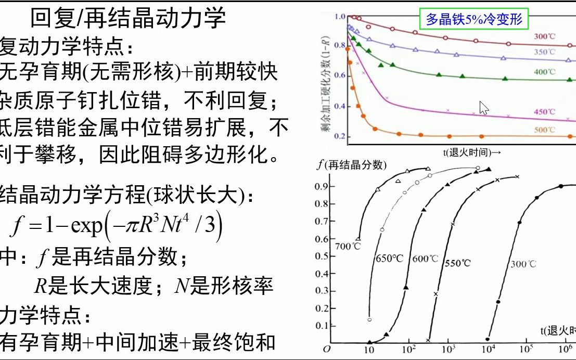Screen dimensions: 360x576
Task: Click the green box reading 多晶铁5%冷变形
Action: pyautogui.click(x=473, y=20)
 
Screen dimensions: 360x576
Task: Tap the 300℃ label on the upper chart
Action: pyautogui.click(x=544, y=36)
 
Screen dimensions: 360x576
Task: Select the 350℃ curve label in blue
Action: pyautogui.click(x=544, y=52)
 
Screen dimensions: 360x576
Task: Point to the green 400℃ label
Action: pyautogui.click(x=544, y=72)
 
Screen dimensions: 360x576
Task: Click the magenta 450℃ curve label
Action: pyautogui.click(x=544, y=112)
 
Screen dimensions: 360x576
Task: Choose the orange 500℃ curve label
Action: pyautogui.click(x=544, y=130)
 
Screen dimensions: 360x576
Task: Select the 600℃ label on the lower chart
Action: pyautogui.click(x=425, y=259)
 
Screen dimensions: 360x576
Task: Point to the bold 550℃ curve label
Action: pyautogui.click(x=458, y=263)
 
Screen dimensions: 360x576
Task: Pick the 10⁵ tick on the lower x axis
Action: pyautogui.click(x=527, y=349)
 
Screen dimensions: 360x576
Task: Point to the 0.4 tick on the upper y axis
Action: pyautogui.click(x=339, y=107)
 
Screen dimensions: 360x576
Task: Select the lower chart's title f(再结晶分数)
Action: pyautogui.click(x=352, y=165)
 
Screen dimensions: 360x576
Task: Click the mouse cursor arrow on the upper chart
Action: pyautogui.click(x=483, y=108)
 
